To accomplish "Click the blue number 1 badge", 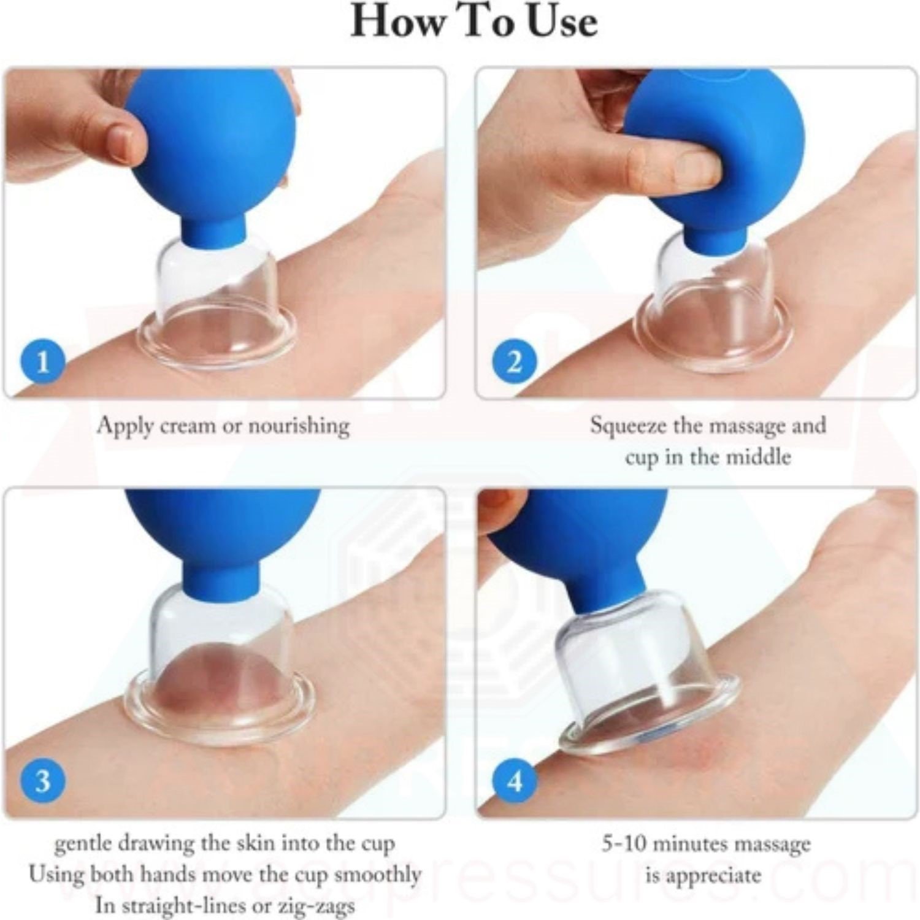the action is [x=42, y=362].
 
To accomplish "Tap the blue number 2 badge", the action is [x=515, y=362].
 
